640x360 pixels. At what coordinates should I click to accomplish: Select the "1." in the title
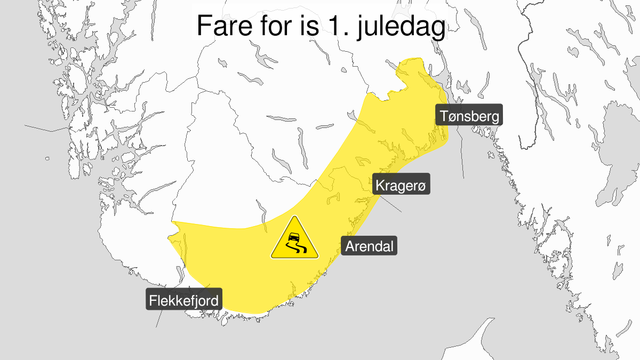pos(332,26)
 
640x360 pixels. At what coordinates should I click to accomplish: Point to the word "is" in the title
pos(303,26)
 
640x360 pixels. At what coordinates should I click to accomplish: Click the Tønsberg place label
pos(470,116)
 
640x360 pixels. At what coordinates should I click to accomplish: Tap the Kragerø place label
pos(402,186)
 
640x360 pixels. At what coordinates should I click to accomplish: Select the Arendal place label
pos(369,246)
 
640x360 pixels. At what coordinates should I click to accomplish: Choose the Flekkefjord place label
pos(184,301)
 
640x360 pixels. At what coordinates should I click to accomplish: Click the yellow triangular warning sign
pos(294,240)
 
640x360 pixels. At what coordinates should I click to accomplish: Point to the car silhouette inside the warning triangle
pos(293,237)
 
